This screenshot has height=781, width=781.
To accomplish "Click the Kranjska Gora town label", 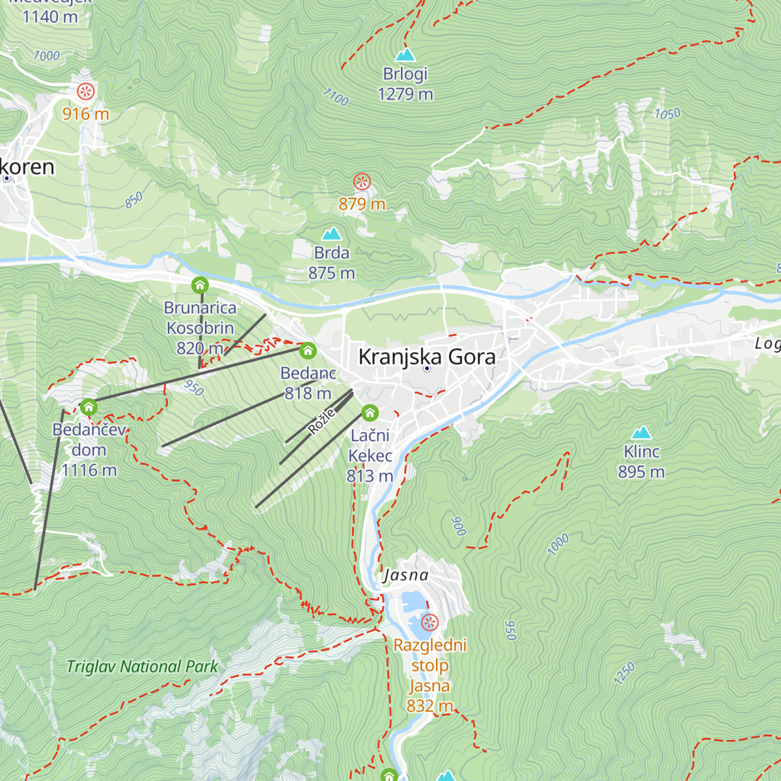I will pyautogui.click(x=427, y=357).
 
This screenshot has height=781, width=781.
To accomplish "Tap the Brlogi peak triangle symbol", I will pyautogui.click(x=405, y=55).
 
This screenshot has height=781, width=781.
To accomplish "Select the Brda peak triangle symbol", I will pyautogui.click(x=332, y=234).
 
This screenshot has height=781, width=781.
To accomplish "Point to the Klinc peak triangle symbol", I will pyautogui.click(x=642, y=433).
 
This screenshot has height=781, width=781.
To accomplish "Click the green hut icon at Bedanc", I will pyautogui.click(x=308, y=351).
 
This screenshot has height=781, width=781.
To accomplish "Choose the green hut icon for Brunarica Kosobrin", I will pyautogui.click(x=200, y=285).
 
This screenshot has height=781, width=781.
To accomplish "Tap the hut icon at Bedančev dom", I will pyautogui.click(x=89, y=407).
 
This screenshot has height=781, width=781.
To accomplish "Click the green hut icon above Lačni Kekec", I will pyautogui.click(x=370, y=413).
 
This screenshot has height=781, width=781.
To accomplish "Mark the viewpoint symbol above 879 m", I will pyautogui.click(x=362, y=182).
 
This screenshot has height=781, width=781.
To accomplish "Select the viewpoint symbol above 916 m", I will pyautogui.click(x=86, y=91).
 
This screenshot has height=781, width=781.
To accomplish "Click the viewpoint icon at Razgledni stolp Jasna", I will pyautogui.click(x=430, y=623).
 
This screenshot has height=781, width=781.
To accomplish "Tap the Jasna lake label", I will pyautogui.click(x=406, y=575).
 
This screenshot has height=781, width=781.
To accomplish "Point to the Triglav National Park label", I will pyautogui.click(x=143, y=666).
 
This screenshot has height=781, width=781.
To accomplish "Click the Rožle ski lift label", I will pyautogui.click(x=322, y=421).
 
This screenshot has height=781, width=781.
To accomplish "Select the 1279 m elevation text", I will pyautogui.click(x=405, y=94).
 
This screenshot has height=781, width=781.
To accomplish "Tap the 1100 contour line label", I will pyautogui.click(x=336, y=98).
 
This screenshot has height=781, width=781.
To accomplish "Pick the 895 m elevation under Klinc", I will pyautogui.click(x=641, y=472).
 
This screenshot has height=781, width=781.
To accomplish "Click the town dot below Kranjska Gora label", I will pyautogui.click(x=427, y=369).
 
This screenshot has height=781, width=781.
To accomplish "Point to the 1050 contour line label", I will pyautogui.click(x=667, y=114).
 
